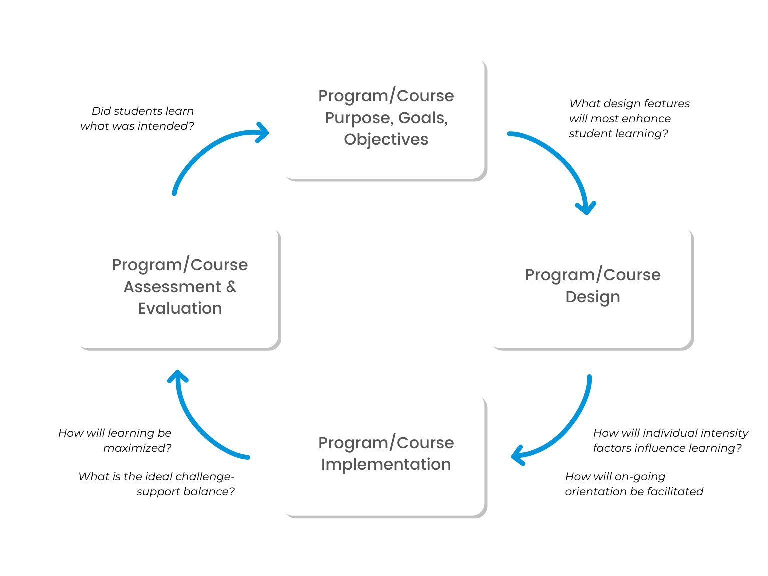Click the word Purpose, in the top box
pyautogui.click(x=358, y=118)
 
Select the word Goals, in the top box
pyautogui.click(x=423, y=118)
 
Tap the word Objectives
pyautogui.click(x=386, y=139)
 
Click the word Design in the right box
pyautogui.click(x=592, y=297)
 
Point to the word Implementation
pyautogui.click(x=386, y=464)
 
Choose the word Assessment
pyautogui.click(x=172, y=287)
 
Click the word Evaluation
pyautogui.click(x=180, y=308)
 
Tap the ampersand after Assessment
pyautogui.click(x=231, y=287)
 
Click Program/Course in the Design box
pyautogui.click(x=592, y=275)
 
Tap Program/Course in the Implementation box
pyautogui.click(x=386, y=443)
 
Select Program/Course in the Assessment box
pyautogui.click(x=180, y=265)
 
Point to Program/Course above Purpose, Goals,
pyautogui.click(x=386, y=96)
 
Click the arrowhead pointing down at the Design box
pyautogui.click(x=586, y=208)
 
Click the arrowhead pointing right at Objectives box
pyautogui.click(x=263, y=133)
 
